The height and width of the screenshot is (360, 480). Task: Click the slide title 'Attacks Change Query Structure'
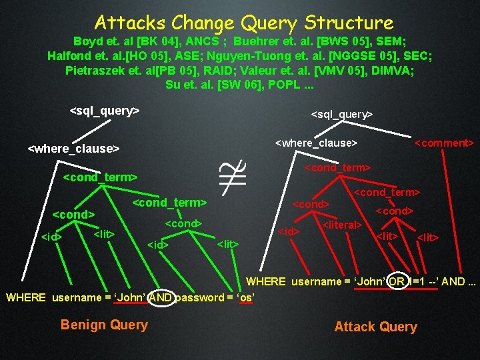[x=244, y=23]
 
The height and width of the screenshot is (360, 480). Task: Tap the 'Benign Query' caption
[x=104, y=325]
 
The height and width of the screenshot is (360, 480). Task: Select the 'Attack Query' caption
[x=375, y=327]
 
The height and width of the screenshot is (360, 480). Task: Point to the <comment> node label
[x=444, y=143]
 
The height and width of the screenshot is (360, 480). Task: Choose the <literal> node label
[x=342, y=225]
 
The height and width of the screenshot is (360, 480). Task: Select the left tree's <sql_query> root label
[x=104, y=110]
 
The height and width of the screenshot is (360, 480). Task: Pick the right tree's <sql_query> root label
[x=342, y=115]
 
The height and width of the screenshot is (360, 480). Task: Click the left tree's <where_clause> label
[x=73, y=148]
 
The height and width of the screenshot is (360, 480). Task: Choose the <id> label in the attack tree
[x=288, y=232]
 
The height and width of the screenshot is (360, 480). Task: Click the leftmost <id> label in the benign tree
[x=51, y=237]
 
